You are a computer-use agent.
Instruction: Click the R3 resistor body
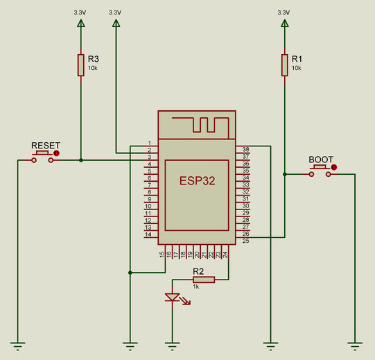coord(81,65)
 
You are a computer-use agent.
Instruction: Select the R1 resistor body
coord(285,65)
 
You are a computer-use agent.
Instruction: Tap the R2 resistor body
coord(204,280)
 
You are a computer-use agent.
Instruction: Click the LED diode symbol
coord(173,298)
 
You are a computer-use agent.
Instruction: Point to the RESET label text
coord(46,145)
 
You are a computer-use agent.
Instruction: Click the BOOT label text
coord(321,160)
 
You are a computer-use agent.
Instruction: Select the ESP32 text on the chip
coord(197,181)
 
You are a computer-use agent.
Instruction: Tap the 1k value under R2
coord(196,286)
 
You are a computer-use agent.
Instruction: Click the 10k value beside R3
coord(93,68)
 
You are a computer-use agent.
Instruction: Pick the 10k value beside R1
coord(296,68)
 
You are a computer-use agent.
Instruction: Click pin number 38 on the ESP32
coord(245,149)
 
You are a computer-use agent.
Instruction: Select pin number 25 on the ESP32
coord(245,241)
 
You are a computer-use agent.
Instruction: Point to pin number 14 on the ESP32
coord(148,234)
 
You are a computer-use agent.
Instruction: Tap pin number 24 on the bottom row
coord(225,255)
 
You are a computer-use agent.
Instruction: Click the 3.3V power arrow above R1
coord(285,24)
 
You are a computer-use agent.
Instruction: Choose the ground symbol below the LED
coord(172,346)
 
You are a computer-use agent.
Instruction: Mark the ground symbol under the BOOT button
coord(355,346)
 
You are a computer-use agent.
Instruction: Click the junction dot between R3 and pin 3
coord(81,160)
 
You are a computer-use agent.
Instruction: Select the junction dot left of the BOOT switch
coord(285,174)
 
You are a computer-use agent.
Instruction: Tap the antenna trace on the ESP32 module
coord(200,124)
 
